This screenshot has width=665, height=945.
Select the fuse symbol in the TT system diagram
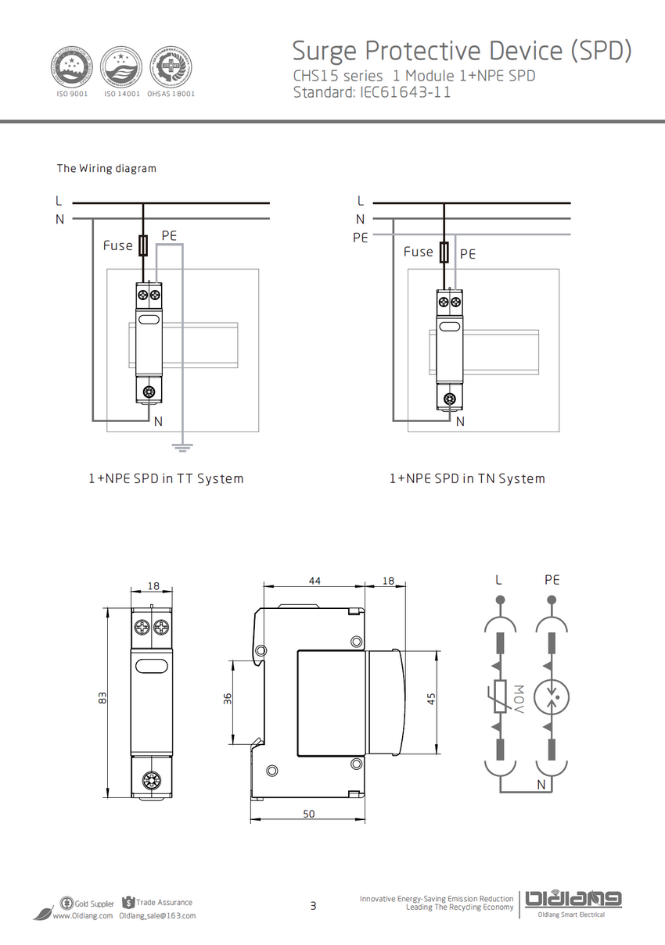(143, 245)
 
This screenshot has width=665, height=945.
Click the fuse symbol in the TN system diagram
(444, 252)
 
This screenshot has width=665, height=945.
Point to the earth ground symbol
(182, 448)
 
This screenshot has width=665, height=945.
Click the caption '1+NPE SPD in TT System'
(166, 478)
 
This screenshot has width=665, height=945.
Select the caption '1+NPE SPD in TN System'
(467, 478)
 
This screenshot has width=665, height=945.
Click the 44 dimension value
(315, 581)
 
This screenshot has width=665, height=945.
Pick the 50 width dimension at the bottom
(308, 814)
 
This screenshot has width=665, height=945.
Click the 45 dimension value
(430, 699)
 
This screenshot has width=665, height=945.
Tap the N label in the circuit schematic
(541, 783)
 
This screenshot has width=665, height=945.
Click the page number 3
(314, 907)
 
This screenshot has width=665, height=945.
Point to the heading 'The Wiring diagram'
(106, 168)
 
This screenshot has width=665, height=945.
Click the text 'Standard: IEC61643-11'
(372, 92)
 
